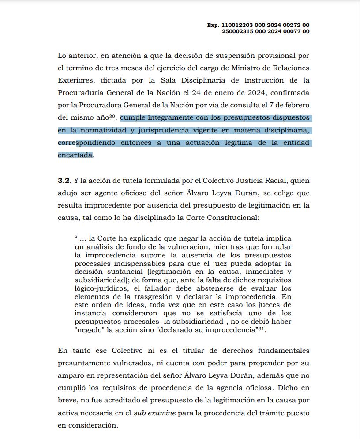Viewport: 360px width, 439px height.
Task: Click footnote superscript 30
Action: (112, 117)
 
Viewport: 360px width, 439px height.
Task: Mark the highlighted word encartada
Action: (75, 155)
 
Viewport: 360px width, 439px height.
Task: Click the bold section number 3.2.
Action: (64, 181)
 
